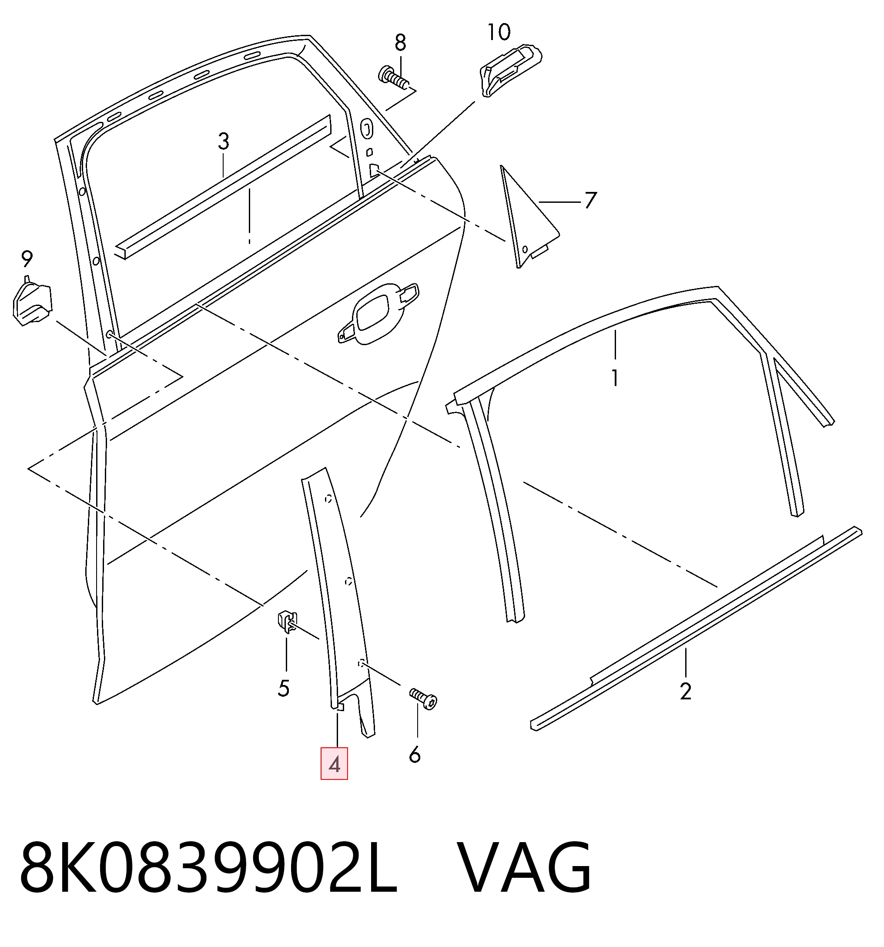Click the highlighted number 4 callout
coord(335,765)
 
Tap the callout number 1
coord(615,378)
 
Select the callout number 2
coord(685,692)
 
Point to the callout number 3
coord(223,141)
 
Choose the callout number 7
coord(591,200)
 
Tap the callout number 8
coord(400,43)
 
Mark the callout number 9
coord(27,259)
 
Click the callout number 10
coord(499,32)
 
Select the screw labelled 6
coord(423,699)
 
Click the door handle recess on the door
coord(378,312)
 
